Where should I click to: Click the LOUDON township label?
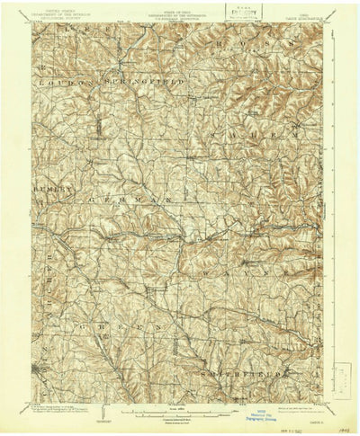click(63, 82)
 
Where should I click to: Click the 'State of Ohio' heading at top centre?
click(180, 13)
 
